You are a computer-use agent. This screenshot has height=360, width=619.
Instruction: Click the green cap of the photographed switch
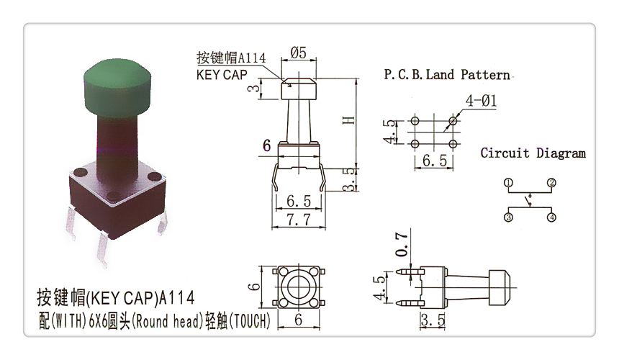point(117,88)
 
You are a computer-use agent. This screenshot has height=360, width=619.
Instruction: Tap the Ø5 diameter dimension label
point(299,53)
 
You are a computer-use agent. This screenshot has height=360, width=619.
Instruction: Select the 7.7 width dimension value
point(299,220)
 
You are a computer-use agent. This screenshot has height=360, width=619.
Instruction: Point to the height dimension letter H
point(349,120)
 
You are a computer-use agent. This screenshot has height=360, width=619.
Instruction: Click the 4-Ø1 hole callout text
point(481,101)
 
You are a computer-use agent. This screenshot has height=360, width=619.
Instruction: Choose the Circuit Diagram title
point(533,153)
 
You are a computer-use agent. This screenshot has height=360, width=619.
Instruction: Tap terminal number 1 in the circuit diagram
point(508,183)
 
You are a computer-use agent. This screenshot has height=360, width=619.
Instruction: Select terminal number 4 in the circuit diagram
point(551,217)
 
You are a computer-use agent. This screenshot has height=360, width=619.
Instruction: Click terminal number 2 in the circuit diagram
point(551,183)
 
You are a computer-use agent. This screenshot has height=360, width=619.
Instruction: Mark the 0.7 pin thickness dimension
point(402,244)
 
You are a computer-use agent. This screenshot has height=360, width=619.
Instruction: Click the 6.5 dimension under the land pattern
point(435,161)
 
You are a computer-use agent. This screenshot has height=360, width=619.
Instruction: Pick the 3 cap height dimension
point(254,88)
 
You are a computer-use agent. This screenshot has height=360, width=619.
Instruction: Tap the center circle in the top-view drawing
point(299,287)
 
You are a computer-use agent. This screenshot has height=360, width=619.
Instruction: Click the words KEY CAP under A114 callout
point(222,75)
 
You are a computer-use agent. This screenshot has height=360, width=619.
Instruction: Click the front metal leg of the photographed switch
point(101,249)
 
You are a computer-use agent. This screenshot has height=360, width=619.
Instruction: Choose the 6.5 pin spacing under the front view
point(299,201)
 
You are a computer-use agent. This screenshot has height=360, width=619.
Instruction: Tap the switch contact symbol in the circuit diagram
point(529,201)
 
